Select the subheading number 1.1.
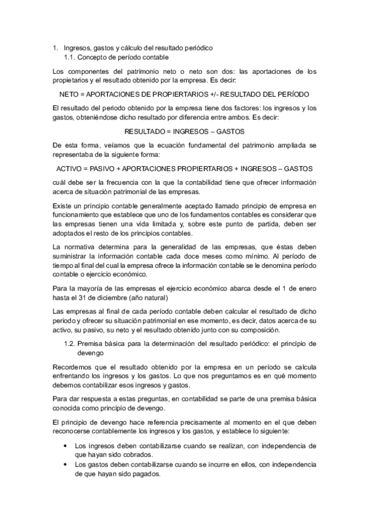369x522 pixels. coord(70,57)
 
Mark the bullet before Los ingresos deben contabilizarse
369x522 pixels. coord(67,445)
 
